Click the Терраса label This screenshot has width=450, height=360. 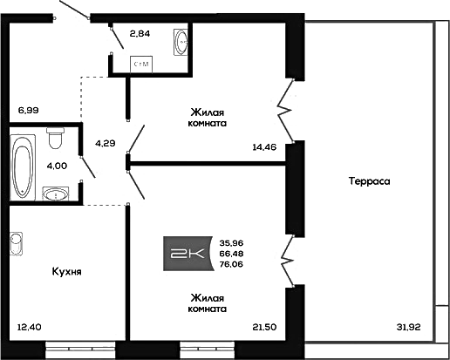point(369,181)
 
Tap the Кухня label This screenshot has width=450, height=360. point(67,272)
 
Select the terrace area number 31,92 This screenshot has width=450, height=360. point(408,327)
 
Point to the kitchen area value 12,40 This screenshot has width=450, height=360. point(30,327)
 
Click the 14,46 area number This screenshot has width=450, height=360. point(264,147)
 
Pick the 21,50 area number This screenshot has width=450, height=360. point(264,327)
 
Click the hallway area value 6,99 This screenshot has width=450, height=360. point(29,111)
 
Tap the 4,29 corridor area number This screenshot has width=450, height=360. point(106,143)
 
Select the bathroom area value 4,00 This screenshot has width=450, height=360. point(57,166)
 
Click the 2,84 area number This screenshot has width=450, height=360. point(140,34)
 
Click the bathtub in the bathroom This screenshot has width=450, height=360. point(23,167)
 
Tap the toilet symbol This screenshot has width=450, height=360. point(55,138)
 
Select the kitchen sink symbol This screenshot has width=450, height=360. point(17,243)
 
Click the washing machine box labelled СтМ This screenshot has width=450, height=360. point(141,65)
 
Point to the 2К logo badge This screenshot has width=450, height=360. point(188,254)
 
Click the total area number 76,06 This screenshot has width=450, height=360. point(231,264)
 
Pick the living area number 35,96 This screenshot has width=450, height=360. point(231,243)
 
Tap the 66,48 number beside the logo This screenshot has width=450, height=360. point(231,254)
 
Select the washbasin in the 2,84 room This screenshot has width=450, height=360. point(181,42)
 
